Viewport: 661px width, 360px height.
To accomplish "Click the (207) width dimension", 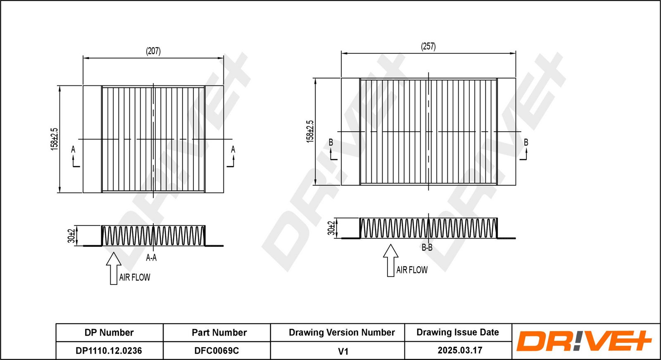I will click(153, 51).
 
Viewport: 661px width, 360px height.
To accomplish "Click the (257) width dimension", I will click(428, 46).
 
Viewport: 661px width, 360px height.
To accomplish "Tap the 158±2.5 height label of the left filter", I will click(55, 139).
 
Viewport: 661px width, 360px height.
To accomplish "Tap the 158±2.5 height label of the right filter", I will click(310, 131).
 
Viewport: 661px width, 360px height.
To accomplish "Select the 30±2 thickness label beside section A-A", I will click(71, 236).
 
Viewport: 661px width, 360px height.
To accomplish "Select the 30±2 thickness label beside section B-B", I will click(331, 228).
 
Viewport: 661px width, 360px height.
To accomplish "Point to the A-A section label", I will click(151, 258).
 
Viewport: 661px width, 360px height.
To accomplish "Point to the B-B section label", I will click(427, 248).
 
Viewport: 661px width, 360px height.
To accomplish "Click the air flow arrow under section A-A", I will click(114, 268).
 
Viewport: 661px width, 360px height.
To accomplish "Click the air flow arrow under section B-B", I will click(390, 261).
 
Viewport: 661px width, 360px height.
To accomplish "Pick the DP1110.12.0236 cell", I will click(109, 351).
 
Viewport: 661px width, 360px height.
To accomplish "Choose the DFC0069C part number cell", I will click(216, 351).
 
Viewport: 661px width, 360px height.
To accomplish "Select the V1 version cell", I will click(343, 351).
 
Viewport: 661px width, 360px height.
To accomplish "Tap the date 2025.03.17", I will click(460, 351).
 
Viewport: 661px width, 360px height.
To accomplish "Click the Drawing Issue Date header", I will click(457, 332).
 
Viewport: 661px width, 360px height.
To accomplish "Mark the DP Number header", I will click(109, 333).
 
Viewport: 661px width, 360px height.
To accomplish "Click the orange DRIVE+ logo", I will click(584, 341).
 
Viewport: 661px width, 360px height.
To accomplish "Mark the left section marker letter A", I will click(73, 149).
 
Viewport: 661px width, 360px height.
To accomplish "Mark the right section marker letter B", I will click(526, 142).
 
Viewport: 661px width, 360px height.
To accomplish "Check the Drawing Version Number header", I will click(342, 333).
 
